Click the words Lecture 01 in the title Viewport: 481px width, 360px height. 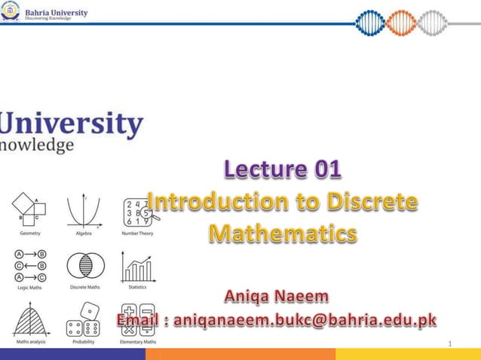tap(282, 172)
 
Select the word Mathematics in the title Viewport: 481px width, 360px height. tap(282, 233)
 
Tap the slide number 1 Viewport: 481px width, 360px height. tap(449, 344)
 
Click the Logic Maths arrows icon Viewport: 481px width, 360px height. tap(30, 265)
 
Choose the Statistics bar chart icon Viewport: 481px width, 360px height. tap(137, 267)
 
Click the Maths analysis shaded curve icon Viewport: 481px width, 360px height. tap(30, 318)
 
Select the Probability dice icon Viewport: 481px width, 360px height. tap(83, 319)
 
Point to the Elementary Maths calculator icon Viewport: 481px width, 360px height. tap(137, 319)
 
